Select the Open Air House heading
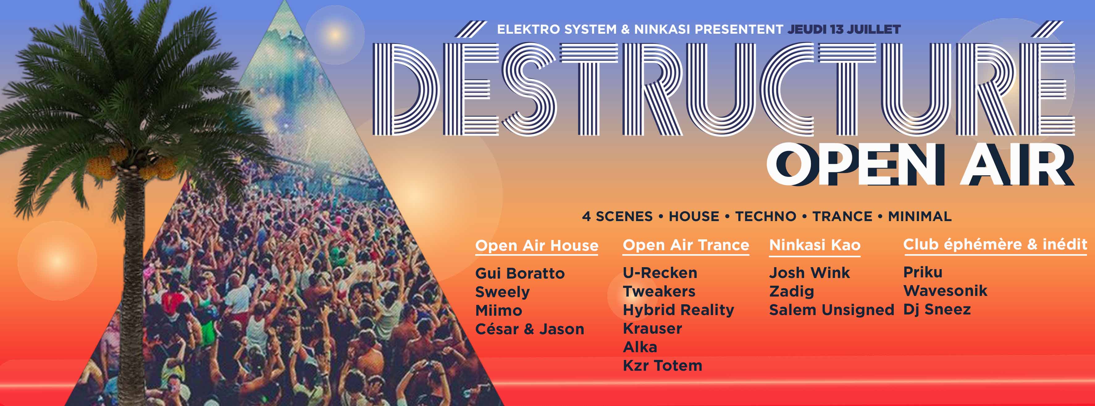(x=536, y=246)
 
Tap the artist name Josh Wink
(x=809, y=272)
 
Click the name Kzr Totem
(x=662, y=365)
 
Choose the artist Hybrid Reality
(x=678, y=310)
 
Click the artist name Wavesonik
(x=945, y=291)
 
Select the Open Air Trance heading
(x=686, y=245)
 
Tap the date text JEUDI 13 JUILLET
(x=844, y=29)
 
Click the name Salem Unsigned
(x=832, y=310)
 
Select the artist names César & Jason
(x=530, y=329)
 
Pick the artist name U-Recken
(x=660, y=273)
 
